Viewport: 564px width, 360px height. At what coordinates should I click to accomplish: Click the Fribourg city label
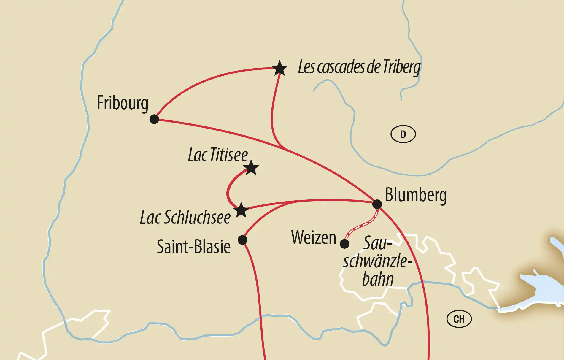123,103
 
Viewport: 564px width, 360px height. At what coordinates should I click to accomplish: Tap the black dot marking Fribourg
154,119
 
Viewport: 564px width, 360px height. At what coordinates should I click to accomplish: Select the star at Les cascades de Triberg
279,69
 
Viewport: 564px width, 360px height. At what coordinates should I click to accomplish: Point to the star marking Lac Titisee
251,168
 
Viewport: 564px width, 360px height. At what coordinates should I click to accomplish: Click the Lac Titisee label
218,155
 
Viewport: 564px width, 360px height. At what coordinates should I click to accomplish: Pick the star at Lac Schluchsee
241,210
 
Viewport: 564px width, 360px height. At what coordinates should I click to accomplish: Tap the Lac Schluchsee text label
185,218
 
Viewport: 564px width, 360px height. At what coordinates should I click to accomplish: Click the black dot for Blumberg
377,204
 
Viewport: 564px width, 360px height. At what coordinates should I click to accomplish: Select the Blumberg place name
416,195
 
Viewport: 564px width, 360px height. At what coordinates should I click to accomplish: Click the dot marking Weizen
344,244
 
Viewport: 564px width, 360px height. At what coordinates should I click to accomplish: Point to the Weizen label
314,238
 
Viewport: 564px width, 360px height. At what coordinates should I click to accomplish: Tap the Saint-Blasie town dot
242,240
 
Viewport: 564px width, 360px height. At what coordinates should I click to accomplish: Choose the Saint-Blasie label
193,247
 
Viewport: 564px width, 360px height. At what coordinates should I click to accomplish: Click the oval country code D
403,134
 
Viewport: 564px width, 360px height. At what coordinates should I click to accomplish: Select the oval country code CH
459,319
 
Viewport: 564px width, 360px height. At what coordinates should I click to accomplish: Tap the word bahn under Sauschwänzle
378,279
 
